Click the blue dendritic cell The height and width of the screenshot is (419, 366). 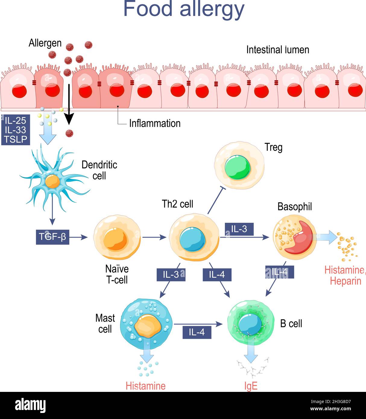click(53, 181)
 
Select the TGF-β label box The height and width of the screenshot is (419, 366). click(52, 237)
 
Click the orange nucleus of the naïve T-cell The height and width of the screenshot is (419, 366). click(116, 239)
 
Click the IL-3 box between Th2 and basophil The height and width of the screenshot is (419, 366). click(239, 229)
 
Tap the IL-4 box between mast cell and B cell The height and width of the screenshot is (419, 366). click(197, 332)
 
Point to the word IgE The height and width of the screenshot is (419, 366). click(251, 386)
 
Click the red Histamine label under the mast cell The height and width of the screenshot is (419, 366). click(146, 386)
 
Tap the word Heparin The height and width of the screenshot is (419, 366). click(345, 281)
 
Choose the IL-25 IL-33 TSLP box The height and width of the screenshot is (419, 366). click(15, 130)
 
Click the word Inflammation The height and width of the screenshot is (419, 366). click(155, 123)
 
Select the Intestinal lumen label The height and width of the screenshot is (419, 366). click(278, 50)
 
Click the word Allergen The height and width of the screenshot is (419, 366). click(45, 43)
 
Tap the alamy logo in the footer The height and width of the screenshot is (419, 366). click(30, 405)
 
